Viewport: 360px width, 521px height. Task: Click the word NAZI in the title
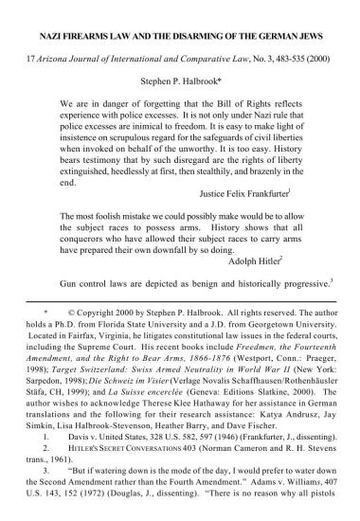(x=50, y=32)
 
